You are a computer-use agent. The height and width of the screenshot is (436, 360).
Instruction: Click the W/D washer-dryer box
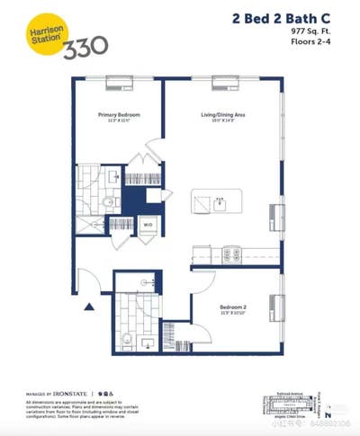(148, 225)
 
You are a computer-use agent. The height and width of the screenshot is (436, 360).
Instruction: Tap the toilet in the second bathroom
(128, 340)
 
